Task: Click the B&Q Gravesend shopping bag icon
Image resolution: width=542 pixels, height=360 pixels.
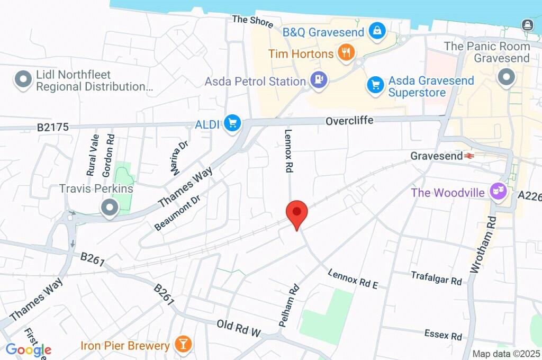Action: point(376,30)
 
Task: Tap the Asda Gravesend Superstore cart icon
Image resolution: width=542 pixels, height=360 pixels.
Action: point(375,84)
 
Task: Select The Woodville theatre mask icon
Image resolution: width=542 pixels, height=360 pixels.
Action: point(498,191)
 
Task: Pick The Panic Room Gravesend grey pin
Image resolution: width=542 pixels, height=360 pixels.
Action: point(507,77)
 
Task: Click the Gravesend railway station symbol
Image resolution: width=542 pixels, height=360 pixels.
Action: point(468,156)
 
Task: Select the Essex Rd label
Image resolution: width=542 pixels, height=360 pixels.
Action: point(443,335)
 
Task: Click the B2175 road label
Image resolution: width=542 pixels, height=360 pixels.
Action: point(53,128)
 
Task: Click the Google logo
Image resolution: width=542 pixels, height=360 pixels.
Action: point(29,349)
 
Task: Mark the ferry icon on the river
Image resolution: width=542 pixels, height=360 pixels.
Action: point(527,24)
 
